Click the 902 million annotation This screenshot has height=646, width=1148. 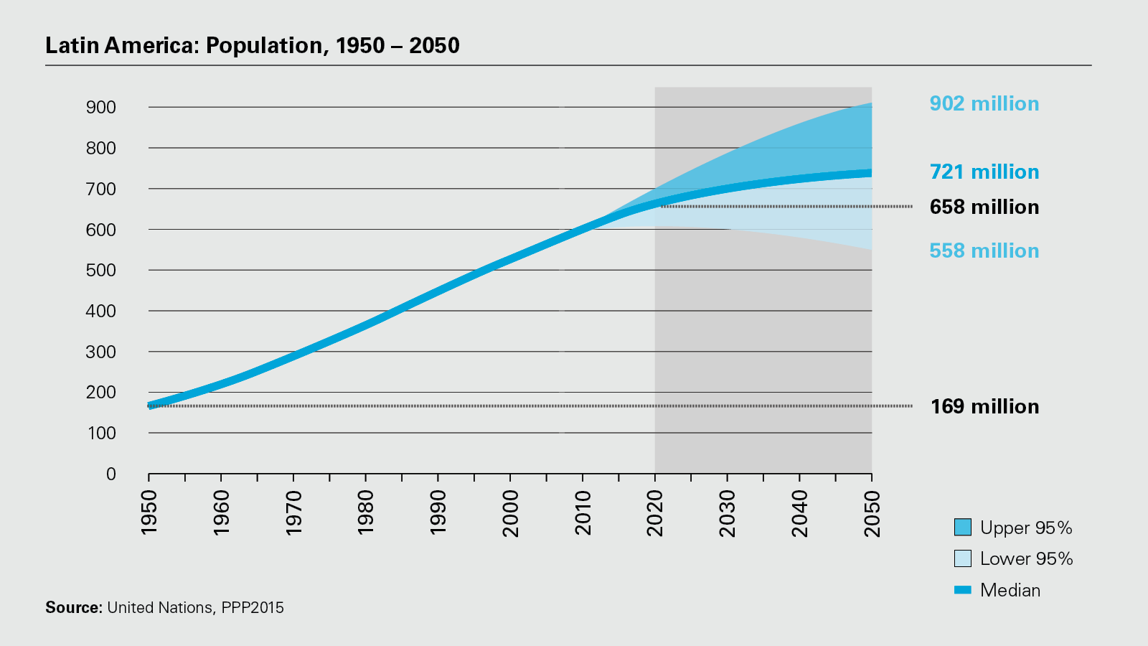[984, 103]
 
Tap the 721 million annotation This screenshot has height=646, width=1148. [984, 172]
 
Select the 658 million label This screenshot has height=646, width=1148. [984, 207]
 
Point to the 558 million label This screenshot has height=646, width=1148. [984, 251]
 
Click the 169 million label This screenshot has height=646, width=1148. [984, 406]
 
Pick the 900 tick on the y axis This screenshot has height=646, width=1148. [101, 107]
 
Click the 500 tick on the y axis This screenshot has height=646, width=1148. [101, 270]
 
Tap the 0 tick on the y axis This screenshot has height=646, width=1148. [110, 474]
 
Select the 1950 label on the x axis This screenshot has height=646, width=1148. [149, 512]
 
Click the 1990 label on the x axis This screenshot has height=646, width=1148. [438, 512]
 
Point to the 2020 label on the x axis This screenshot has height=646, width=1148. [655, 512]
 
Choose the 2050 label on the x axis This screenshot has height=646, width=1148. [872, 512]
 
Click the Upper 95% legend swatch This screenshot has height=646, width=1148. [963, 527]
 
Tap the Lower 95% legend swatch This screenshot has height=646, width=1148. [963, 558]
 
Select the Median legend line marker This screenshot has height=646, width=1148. [963, 590]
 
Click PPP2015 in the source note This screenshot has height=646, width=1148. [253, 607]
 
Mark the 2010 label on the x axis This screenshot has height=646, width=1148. [583, 512]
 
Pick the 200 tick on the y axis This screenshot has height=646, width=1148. [101, 392]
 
